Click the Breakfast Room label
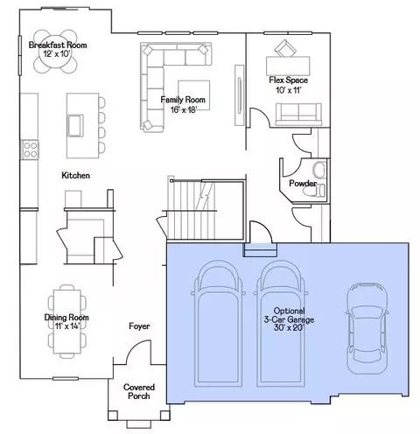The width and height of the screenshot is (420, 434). pyautogui.click(x=58, y=45)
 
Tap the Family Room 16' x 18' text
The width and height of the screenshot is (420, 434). pyautogui.click(x=183, y=104)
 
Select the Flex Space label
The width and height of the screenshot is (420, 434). pyautogui.click(x=288, y=80)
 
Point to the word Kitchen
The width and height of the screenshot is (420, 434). pyautogui.click(x=75, y=175)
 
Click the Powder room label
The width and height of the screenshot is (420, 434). pyautogui.click(x=303, y=183)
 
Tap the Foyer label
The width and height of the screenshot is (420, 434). pyautogui.click(x=139, y=326)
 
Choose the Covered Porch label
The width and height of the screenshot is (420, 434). pyautogui.click(x=139, y=391)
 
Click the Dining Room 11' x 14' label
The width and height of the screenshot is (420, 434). pyautogui.click(x=66, y=321)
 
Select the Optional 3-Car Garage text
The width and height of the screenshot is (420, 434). pyautogui.click(x=289, y=315)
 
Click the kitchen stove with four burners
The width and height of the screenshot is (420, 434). pyautogui.click(x=30, y=150)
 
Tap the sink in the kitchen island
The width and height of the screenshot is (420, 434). pyautogui.click(x=75, y=125)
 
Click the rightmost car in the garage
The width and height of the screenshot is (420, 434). pyautogui.click(x=367, y=328)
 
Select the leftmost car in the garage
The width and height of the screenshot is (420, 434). pyautogui.click(x=218, y=324)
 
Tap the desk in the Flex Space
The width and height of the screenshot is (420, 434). pyautogui.click(x=288, y=66)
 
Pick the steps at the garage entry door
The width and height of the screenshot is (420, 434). pyautogui.click(x=260, y=250)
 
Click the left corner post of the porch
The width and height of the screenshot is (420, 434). pyautogui.click(x=113, y=416)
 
